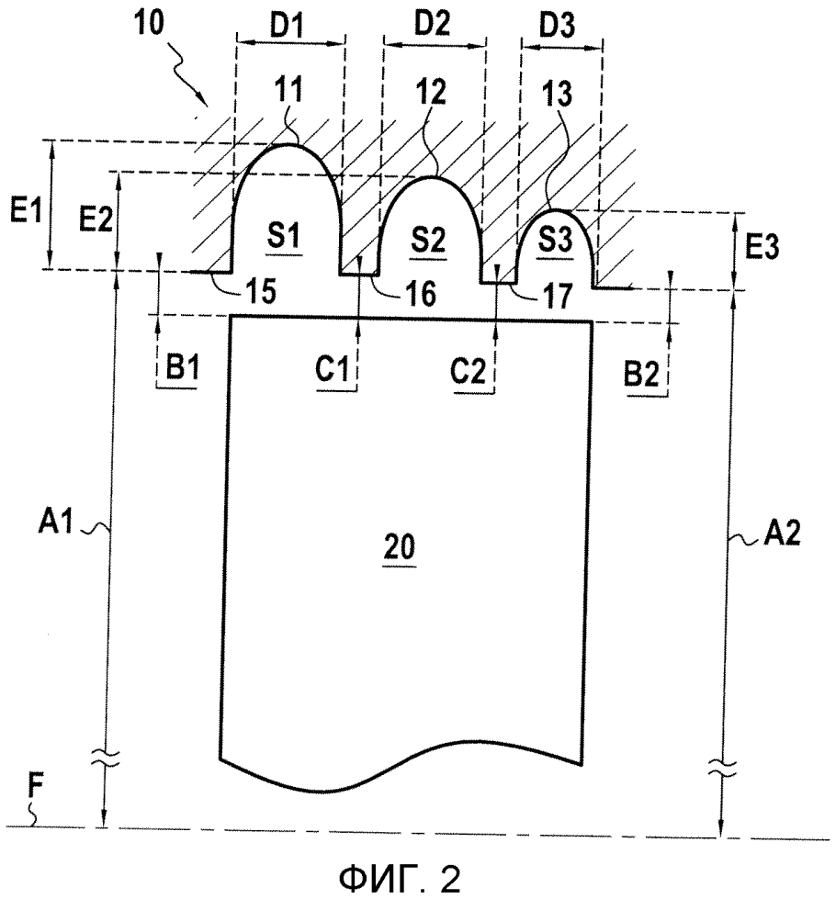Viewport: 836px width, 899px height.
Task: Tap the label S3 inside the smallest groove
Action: tap(554, 240)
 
